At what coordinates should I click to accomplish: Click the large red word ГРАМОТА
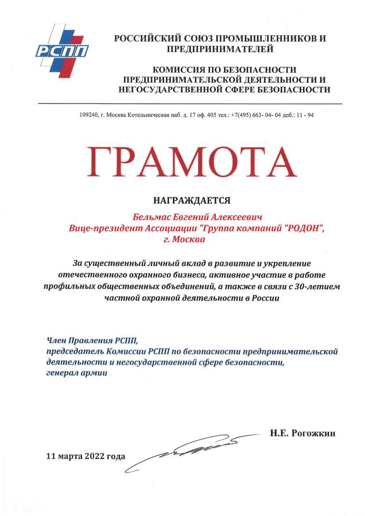(x=192, y=162)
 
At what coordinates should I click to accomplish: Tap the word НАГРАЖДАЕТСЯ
(x=192, y=201)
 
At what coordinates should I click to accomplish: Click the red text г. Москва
(x=184, y=240)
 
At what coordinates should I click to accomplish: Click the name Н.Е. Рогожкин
(x=302, y=434)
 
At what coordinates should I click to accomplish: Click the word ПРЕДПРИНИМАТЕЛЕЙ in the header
(x=220, y=49)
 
